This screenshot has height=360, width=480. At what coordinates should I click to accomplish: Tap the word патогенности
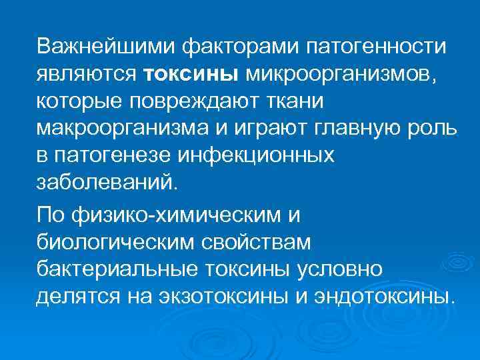coord(379,47)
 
